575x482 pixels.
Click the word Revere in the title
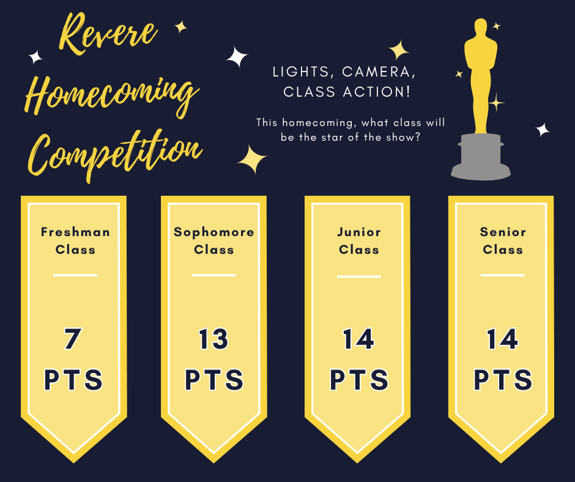click(x=108, y=33)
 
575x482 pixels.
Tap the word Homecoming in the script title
click(x=112, y=96)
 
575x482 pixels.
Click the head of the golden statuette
click(x=480, y=28)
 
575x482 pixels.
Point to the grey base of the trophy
click(x=480, y=157)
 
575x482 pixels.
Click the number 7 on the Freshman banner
click(x=72, y=339)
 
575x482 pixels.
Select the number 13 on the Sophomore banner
click(x=213, y=339)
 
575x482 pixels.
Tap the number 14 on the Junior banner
click(x=358, y=339)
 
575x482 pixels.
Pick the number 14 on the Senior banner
click(x=502, y=339)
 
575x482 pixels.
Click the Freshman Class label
click(x=75, y=240)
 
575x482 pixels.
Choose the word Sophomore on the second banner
click(x=214, y=232)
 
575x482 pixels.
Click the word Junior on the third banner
click(x=359, y=232)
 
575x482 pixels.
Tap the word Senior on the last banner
click(x=503, y=232)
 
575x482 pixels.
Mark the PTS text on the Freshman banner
click(x=73, y=380)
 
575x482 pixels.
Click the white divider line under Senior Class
click(x=503, y=275)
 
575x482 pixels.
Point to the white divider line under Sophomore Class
click(x=214, y=275)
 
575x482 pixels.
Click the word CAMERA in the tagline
click(x=379, y=72)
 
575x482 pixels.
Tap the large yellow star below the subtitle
click(x=252, y=159)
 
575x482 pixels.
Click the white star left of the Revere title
click(x=35, y=57)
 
